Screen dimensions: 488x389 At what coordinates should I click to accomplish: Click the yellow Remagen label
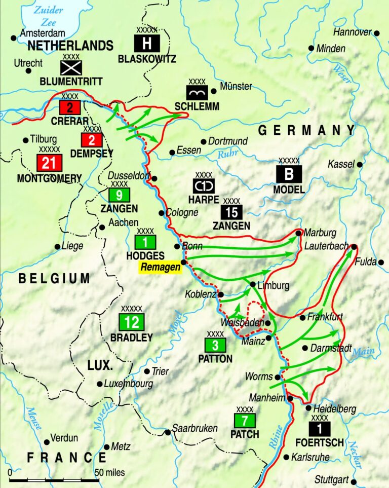click(161, 268)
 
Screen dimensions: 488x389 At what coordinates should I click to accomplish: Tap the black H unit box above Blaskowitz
click(146, 43)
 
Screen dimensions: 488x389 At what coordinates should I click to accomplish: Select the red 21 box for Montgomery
click(49, 163)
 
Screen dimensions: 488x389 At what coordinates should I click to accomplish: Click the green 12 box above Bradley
click(131, 322)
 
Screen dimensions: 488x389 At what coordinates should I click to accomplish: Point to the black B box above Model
click(289, 174)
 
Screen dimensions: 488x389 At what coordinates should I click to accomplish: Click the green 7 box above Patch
click(245, 421)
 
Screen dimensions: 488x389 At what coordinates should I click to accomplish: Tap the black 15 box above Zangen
click(231, 211)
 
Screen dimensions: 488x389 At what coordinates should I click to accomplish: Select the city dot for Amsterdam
click(13, 37)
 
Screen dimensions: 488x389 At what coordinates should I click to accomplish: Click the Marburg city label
click(320, 233)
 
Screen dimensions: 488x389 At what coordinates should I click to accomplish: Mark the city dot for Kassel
click(360, 164)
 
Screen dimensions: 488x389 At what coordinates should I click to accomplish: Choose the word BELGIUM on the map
click(54, 278)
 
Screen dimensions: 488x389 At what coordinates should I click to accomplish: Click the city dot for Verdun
click(47, 442)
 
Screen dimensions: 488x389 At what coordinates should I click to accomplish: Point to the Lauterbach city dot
click(354, 247)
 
